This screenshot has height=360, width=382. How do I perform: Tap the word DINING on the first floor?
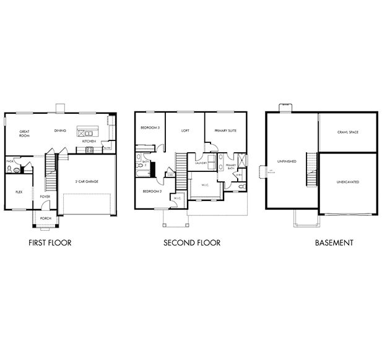coord(60,131)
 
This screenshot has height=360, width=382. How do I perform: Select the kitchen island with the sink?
coord(85,131)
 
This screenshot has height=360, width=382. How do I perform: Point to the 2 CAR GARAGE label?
coord(87,181)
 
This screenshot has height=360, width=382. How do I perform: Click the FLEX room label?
coord(19,192)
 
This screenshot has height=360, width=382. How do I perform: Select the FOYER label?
coord(45,196)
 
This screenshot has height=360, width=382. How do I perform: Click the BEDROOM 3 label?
coord(150,127)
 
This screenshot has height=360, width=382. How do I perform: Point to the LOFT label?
coord(185,131)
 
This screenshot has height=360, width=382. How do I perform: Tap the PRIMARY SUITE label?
coord(225,131)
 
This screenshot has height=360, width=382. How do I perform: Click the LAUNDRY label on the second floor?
coord(201,163)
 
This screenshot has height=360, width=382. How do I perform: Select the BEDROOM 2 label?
coord(152,192)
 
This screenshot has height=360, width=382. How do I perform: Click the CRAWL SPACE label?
coord(347,132)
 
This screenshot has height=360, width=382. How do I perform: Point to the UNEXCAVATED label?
coord(347,182)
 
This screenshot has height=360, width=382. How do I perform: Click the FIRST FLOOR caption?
coord(50,243)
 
